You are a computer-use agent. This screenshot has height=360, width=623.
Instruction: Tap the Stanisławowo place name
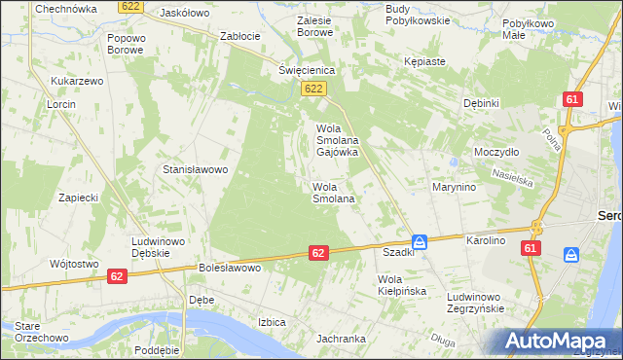[x=195, y=169]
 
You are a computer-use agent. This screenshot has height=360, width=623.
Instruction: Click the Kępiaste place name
[x=424, y=61]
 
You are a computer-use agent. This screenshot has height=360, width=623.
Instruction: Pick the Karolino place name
[x=486, y=239]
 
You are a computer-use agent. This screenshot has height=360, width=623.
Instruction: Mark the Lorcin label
[x=60, y=103]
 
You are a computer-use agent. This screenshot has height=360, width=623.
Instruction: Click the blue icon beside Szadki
[x=419, y=241]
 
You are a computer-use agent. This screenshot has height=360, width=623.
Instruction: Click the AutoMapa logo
[x=560, y=342]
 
